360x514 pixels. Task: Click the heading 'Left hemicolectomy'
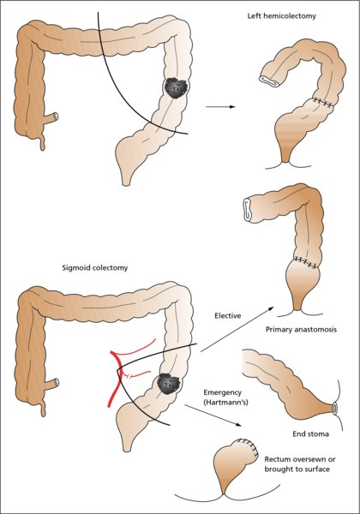pos(281,15)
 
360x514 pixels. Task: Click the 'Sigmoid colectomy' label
pos(95,268)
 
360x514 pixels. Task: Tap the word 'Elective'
pos(227,315)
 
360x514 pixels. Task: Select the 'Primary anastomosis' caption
pos(301,330)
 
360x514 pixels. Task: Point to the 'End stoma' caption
pos(310,433)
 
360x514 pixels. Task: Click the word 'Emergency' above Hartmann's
pos(222,392)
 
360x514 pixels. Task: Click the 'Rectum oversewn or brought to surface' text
pos(300,464)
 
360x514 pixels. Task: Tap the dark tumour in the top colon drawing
pos(177,87)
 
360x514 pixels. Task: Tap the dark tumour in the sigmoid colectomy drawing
pos(168,383)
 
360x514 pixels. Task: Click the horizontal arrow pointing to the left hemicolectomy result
pos(220,107)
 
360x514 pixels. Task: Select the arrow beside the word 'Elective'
pos(237,329)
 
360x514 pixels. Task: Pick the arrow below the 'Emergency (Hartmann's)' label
pos(213,415)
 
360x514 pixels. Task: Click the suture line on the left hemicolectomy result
pos(323,102)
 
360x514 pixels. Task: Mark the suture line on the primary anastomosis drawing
pos(306,261)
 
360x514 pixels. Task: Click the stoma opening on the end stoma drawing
pos(335,408)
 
